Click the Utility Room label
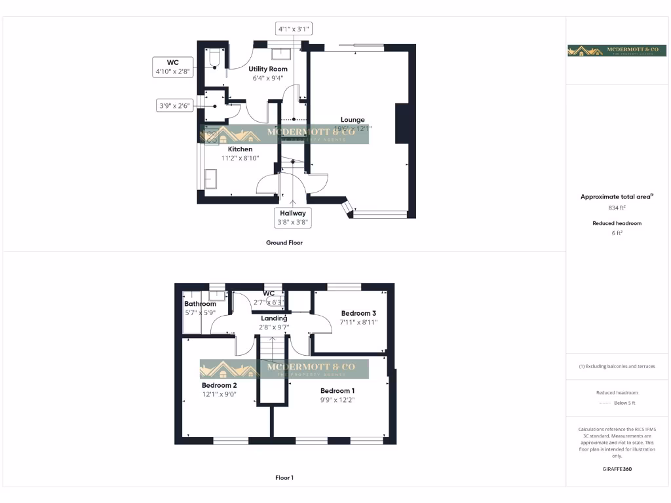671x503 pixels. point(268,69)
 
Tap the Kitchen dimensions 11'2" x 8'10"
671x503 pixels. point(240,158)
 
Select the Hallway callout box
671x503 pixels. point(293,217)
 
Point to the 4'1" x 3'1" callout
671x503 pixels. point(293,29)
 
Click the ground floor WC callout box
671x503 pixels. point(173,67)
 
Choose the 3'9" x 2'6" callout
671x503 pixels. point(175,106)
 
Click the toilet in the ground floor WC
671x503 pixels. point(214,59)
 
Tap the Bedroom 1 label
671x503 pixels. point(337,391)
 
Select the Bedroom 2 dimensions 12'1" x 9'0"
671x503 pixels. point(218,394)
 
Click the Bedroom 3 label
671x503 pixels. point(358,313)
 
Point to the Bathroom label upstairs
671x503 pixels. point(200,304)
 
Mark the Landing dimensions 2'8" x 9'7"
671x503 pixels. point(275,327)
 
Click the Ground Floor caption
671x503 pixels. point(284,242)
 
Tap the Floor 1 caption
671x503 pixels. point(284,478)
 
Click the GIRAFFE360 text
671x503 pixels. point(617,469)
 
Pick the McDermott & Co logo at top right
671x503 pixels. point(611,50)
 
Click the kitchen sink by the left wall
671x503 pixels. point(212,178)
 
